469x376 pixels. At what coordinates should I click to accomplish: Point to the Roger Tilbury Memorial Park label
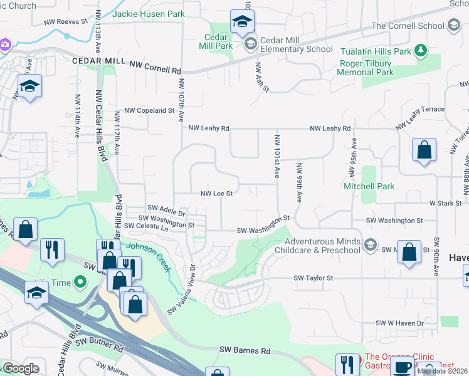coord(366,68)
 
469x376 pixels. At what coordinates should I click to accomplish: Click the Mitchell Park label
coord(369,186)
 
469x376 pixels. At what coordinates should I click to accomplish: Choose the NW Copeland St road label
coord(148,110)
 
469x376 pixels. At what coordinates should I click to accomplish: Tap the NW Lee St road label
coord(216,194)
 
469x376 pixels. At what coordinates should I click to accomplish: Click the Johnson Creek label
coord(150,256)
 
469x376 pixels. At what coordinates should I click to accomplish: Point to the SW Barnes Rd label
coord(244,351)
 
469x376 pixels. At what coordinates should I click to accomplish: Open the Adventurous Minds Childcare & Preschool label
coord(323,246)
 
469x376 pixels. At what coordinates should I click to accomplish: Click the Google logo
coord(21,368)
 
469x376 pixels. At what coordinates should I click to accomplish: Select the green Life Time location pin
coord(80,283)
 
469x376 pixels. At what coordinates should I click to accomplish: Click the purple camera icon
coord(4,44)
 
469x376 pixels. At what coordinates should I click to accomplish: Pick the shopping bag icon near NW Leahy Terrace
coord(424,150)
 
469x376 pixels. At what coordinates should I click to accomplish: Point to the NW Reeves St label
coord(65,21)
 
